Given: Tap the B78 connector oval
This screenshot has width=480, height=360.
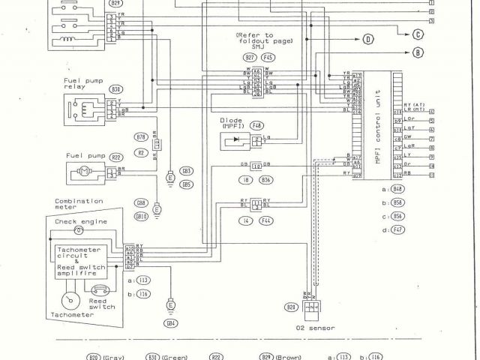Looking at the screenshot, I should point(140,137).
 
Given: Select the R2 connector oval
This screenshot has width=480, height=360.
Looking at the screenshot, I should point(140,152).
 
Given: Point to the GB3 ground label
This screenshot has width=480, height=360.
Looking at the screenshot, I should point(186,172).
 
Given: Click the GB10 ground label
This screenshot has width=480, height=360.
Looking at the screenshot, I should point(140,216).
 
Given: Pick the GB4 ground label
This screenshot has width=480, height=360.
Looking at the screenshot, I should point(172,323).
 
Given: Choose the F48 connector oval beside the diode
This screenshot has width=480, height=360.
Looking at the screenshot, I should point(256,125).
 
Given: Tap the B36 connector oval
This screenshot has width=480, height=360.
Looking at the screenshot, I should point(265,181).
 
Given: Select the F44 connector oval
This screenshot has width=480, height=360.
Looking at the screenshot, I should point(265,220).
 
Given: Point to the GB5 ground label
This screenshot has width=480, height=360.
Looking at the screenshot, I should point(186,184).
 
